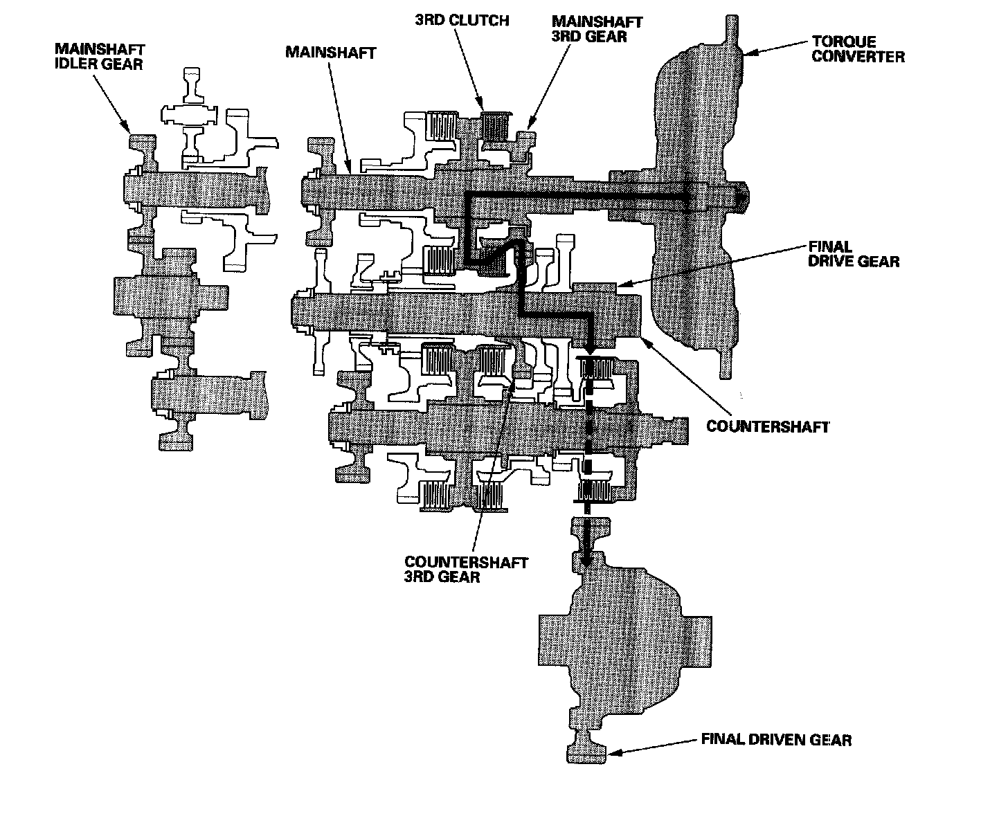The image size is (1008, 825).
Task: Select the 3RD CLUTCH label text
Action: click(462, 20)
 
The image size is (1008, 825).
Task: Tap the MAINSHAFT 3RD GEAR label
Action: click(596, 28)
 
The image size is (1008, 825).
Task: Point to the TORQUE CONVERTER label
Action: click(858, 48)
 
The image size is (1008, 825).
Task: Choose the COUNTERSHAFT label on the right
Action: click(767, 426)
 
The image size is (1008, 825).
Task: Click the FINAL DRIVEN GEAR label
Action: click(776, 740)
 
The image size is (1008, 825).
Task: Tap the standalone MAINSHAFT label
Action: click(331, 53)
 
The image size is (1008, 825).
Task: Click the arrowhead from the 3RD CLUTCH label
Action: click(483, 109)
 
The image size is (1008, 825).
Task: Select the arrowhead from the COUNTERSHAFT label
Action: click(643, 337)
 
